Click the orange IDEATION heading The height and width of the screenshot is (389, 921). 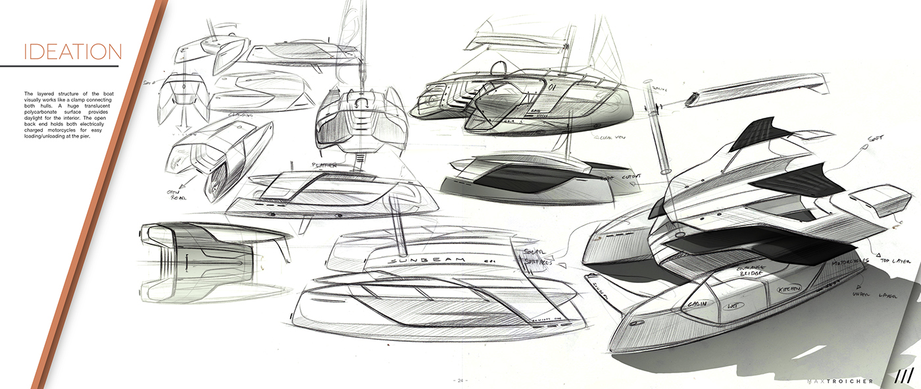click(72, 52)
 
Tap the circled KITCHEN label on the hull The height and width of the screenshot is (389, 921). click(789, 290)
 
